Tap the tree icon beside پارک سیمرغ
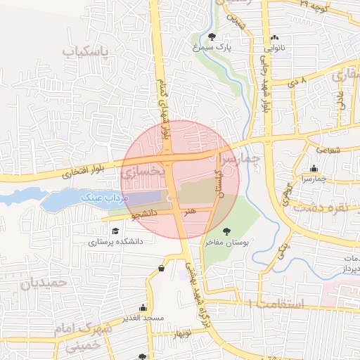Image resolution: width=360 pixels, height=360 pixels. (212, 36)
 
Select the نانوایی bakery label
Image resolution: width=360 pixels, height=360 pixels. (275, 49)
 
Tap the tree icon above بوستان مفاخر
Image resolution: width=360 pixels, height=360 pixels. (226, 231)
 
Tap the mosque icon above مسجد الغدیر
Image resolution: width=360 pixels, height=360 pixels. (143, 307)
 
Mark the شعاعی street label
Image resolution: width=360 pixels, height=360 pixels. (328, 149)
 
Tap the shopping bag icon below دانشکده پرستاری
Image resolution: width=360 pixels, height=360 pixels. (162, 268)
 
